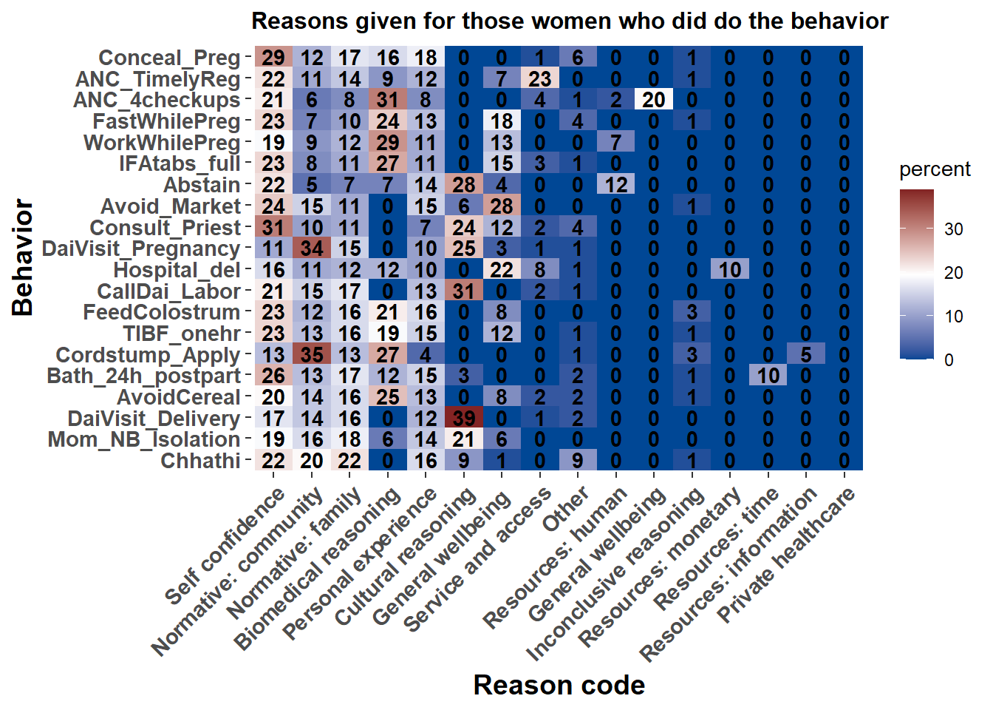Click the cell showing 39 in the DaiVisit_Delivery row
(464, 418)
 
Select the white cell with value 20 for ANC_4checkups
(654, 100)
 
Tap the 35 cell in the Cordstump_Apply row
(312, 354)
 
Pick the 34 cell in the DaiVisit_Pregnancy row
(312, 248)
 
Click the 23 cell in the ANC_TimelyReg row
(540, 79)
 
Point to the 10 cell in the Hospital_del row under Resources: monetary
(730, 270)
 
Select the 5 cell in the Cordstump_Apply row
(806, 354)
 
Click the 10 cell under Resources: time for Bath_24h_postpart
(768, 376)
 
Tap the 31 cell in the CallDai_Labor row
(464, 291)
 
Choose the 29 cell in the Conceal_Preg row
(273, 58)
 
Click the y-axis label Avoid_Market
(171, 206)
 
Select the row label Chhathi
(200, 461)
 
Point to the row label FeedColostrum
(161, 312)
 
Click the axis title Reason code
(559, 686)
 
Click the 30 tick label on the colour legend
(954, 229)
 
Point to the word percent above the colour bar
(935, 169)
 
